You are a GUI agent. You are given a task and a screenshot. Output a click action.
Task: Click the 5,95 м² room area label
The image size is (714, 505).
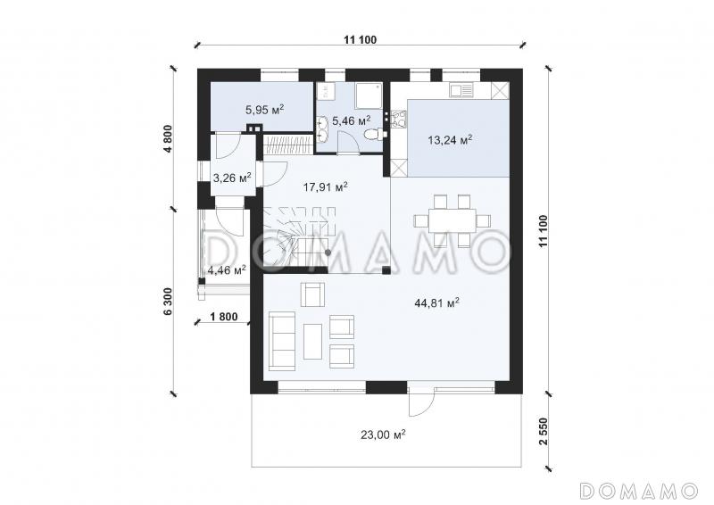265,109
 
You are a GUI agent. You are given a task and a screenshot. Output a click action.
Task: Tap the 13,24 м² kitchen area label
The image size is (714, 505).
450,139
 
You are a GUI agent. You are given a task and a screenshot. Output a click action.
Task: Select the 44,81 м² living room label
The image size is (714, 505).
436,302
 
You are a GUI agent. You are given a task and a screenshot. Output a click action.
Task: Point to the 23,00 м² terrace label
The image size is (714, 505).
383,435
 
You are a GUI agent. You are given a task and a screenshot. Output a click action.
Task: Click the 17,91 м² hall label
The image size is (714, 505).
326,186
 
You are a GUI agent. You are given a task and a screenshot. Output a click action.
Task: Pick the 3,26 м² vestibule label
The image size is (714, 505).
232,178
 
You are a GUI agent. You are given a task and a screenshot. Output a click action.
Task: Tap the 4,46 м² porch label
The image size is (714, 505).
227,270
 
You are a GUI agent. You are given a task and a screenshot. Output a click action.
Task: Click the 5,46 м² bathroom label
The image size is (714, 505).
351,120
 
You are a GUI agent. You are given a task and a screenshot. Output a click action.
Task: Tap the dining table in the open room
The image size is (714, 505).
452,221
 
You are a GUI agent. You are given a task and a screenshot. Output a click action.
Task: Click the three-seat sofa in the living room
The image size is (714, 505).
282,341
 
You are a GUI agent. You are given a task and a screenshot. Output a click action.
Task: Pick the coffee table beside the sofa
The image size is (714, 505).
312,341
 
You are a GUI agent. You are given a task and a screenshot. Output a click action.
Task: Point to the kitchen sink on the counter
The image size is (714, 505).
461,90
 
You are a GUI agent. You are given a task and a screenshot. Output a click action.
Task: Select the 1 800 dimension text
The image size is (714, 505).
224,316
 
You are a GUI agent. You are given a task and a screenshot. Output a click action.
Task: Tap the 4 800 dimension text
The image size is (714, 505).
169,138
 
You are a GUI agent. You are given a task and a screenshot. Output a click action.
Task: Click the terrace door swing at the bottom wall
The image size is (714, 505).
421,402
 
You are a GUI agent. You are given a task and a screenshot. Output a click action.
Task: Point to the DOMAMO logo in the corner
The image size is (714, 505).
639,491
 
